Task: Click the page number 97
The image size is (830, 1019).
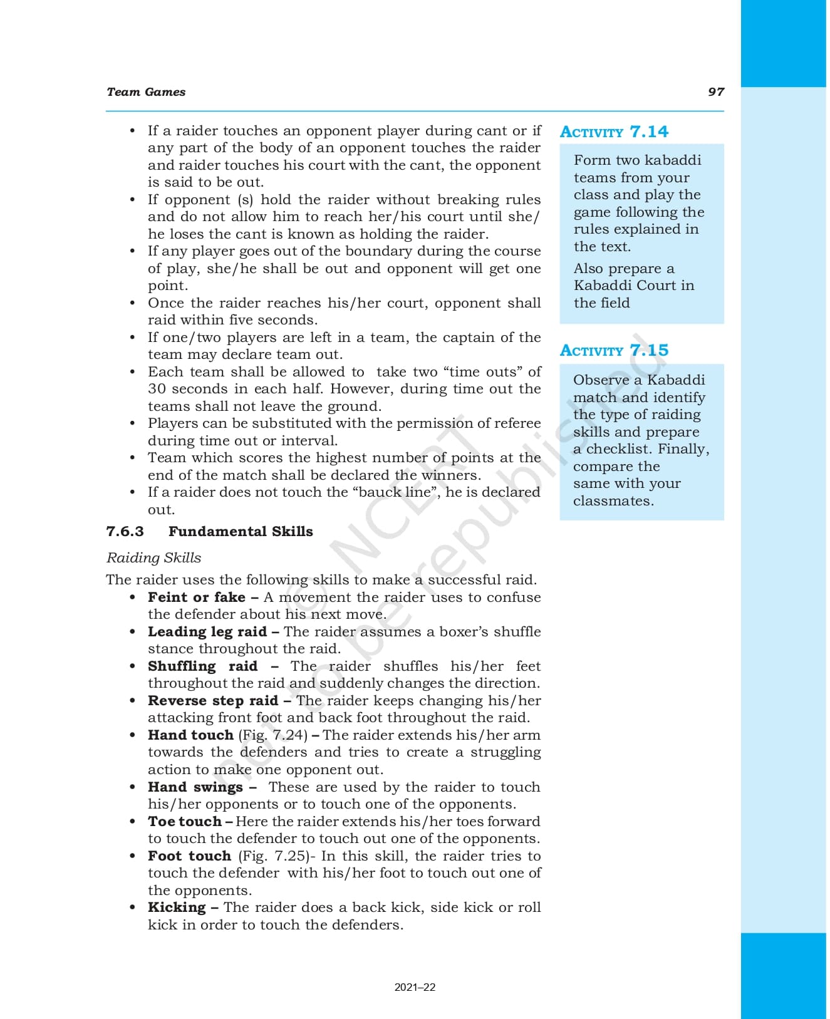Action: click(x=715, y=92)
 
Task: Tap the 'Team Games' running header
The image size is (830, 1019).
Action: click(x=146, y=92)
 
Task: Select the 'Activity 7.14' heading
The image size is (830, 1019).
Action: click(x=614, y=132)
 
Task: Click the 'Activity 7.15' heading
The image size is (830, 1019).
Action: click(x=614, y=350)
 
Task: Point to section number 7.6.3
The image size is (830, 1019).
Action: click(x=125, y=532)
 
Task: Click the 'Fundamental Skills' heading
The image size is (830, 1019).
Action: click(x=241, y=532)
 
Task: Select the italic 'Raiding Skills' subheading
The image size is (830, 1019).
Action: click(x=153, y=558)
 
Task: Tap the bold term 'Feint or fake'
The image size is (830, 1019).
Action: click(x=197, y=597)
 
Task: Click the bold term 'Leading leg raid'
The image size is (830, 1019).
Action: click(x=207, y=632)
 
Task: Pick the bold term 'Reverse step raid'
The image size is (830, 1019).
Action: click(x=213, y=701)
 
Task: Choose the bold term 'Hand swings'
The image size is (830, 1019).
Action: click(x=195, y=787)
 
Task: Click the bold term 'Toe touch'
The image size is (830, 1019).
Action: click(x=185, y=822)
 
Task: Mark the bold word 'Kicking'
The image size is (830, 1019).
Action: click(x=177, y=908)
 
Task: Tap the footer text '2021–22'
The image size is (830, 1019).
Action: click(x=415, y=988)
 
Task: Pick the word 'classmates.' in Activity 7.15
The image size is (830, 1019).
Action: click(x=613, y=501)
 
